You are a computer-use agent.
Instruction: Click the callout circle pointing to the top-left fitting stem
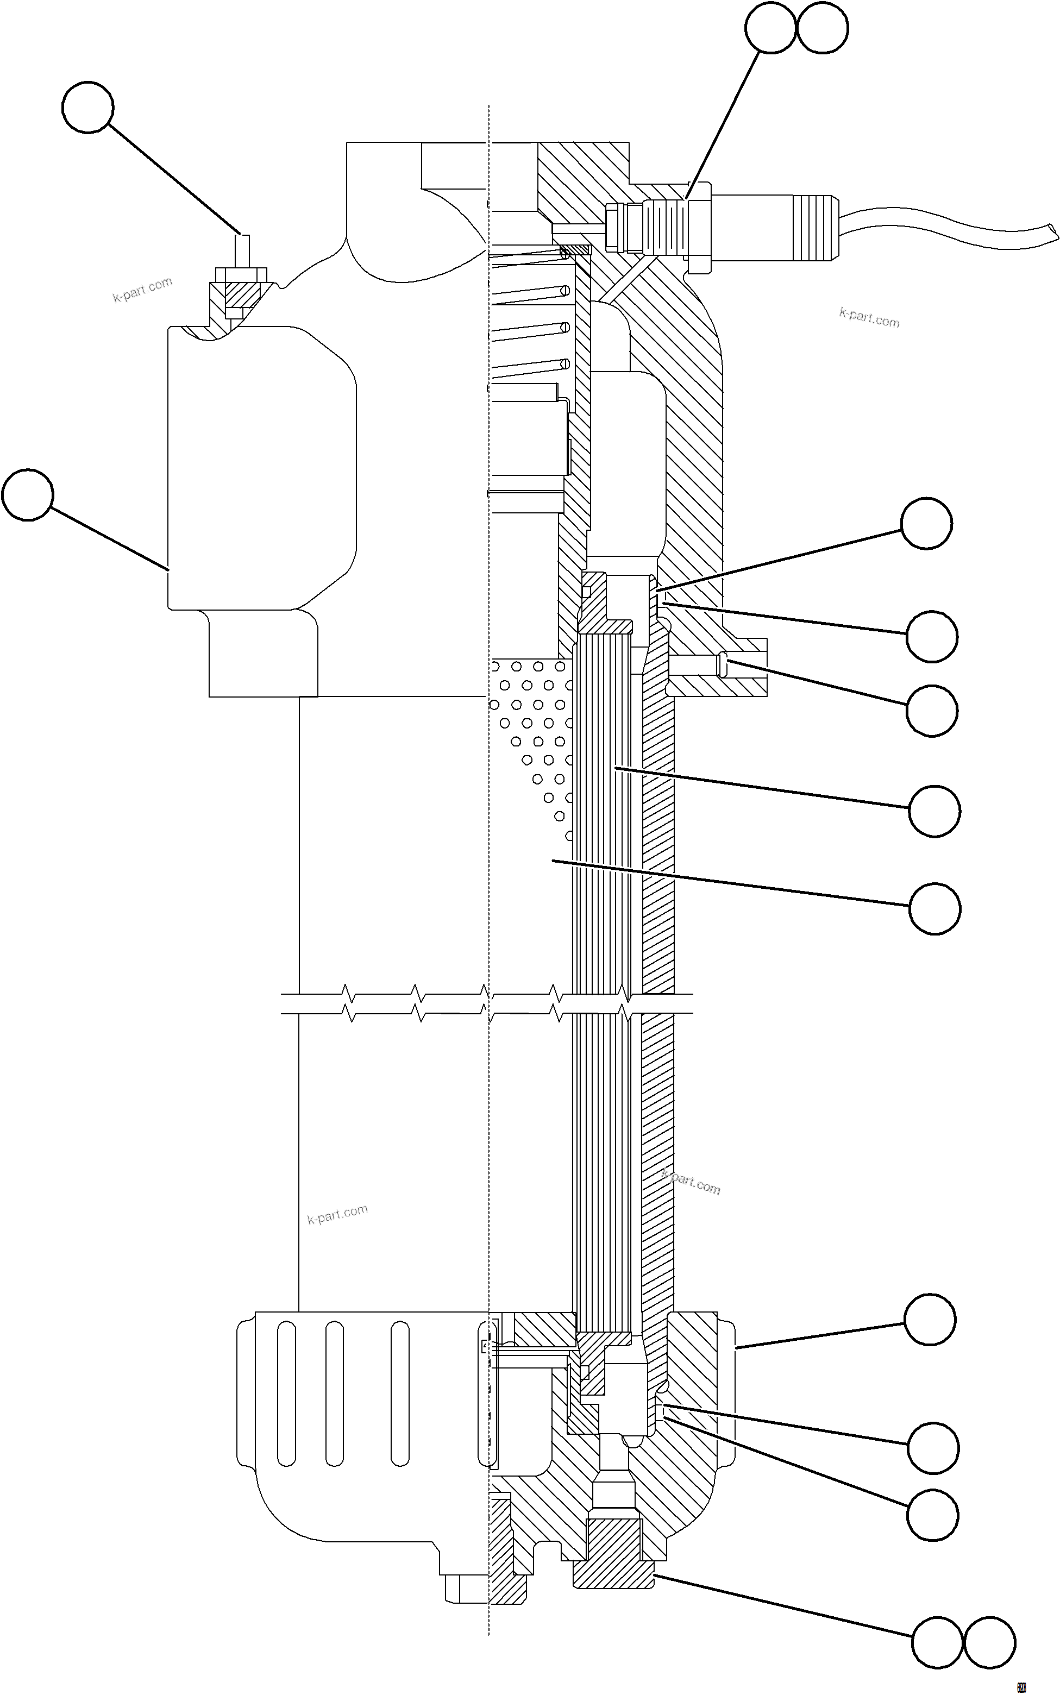[x=87, y=107]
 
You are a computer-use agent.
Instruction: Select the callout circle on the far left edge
[x=27, y=495]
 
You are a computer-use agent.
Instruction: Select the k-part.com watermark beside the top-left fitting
[x=142, y=289]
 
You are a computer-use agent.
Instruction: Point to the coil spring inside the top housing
[x=533, y=309]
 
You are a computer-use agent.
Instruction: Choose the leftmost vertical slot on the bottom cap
[x=286, y=1393]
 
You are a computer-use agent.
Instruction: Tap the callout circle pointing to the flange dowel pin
[x=932, y=710]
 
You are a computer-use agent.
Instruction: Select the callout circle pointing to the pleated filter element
[x=934, y=811]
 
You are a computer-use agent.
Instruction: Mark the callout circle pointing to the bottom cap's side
[x=930, y=1319]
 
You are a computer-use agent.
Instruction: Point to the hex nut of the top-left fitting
[x=241, y=274]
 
